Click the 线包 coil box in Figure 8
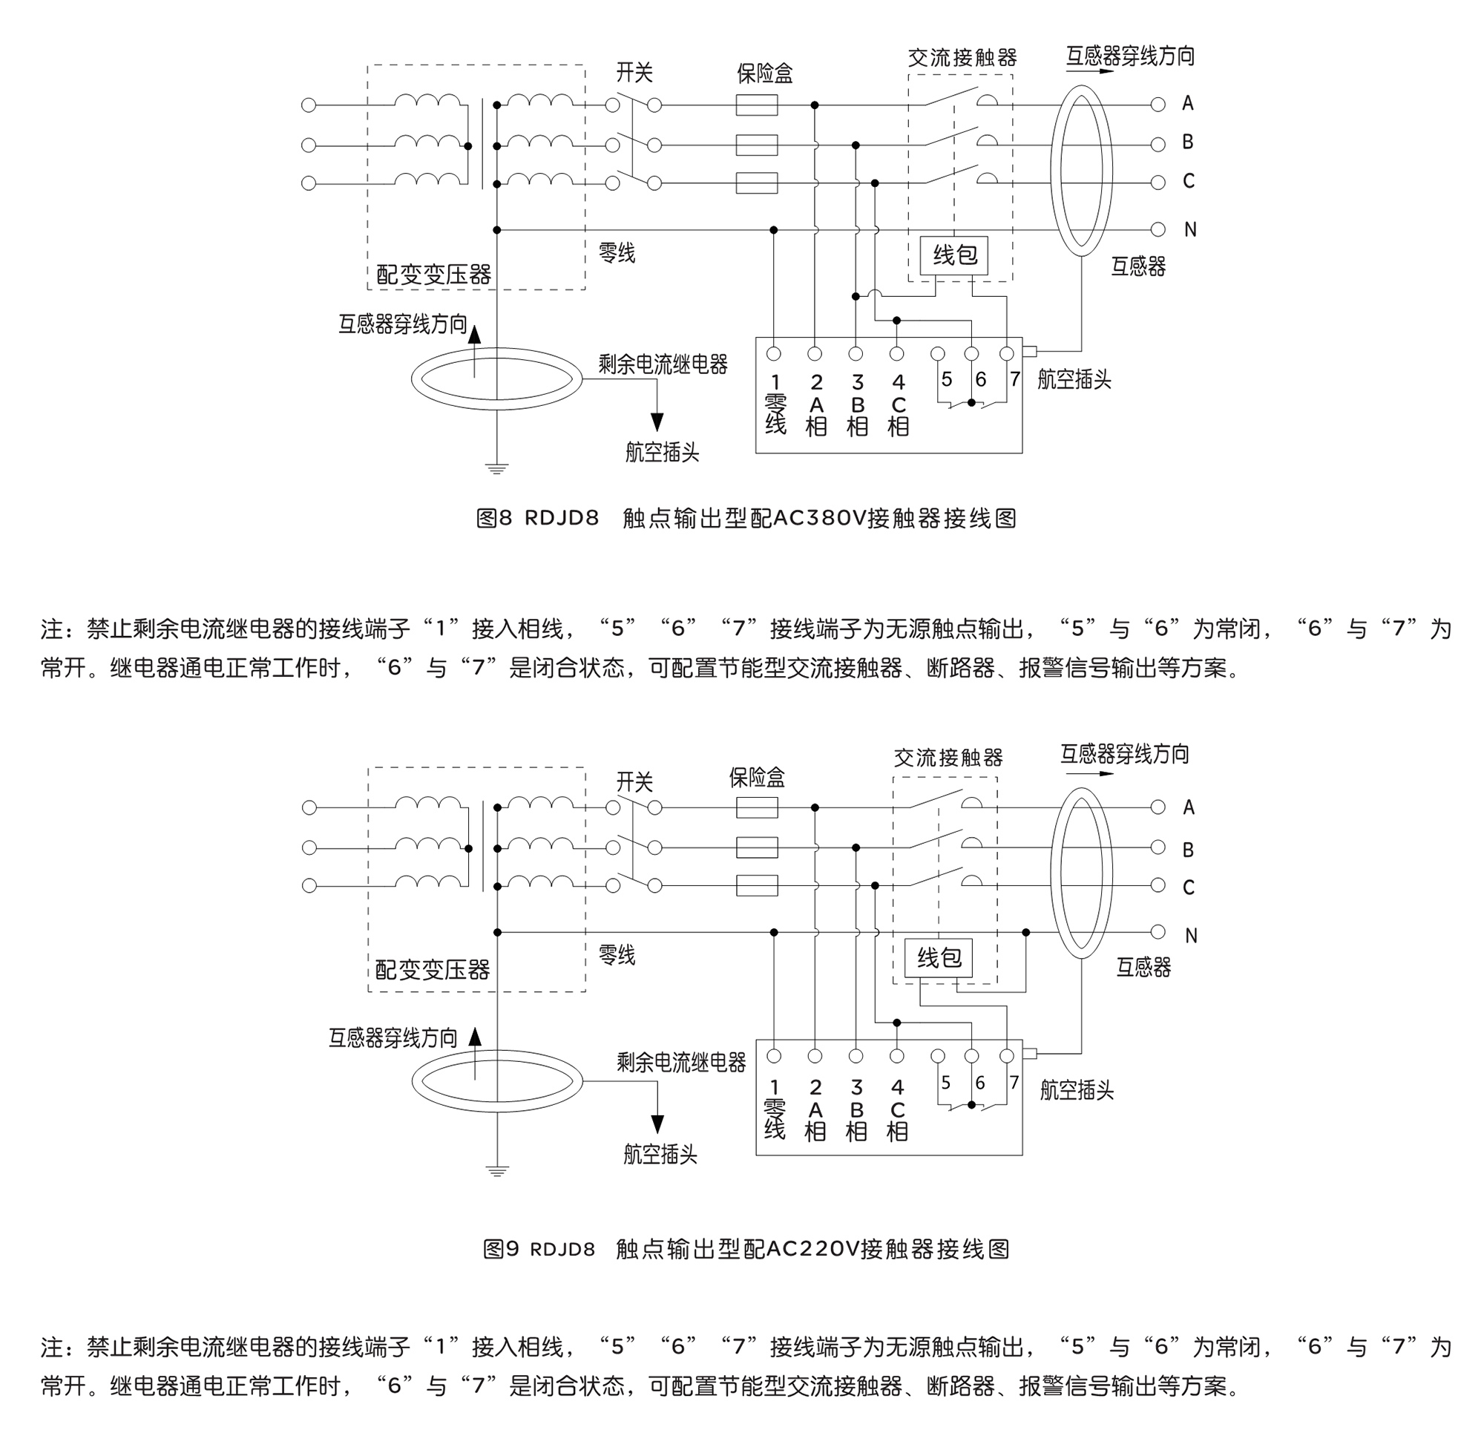953,256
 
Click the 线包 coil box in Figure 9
938,958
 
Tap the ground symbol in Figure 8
496,468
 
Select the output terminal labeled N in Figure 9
1158,932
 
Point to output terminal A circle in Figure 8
1158,105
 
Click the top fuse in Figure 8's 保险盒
756,105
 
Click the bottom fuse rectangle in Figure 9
756,885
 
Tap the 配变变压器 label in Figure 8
433,275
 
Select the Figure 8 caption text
746,519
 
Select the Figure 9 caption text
746,1248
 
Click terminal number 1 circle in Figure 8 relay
774,353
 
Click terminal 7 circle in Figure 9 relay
1006,1055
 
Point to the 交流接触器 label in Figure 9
948,758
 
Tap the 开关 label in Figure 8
634,73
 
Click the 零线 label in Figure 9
617,954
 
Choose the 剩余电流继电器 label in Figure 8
663,365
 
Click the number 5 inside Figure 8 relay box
946,379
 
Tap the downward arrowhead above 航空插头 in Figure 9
657,1124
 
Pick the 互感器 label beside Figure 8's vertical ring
1137,266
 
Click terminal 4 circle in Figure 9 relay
896,1055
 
